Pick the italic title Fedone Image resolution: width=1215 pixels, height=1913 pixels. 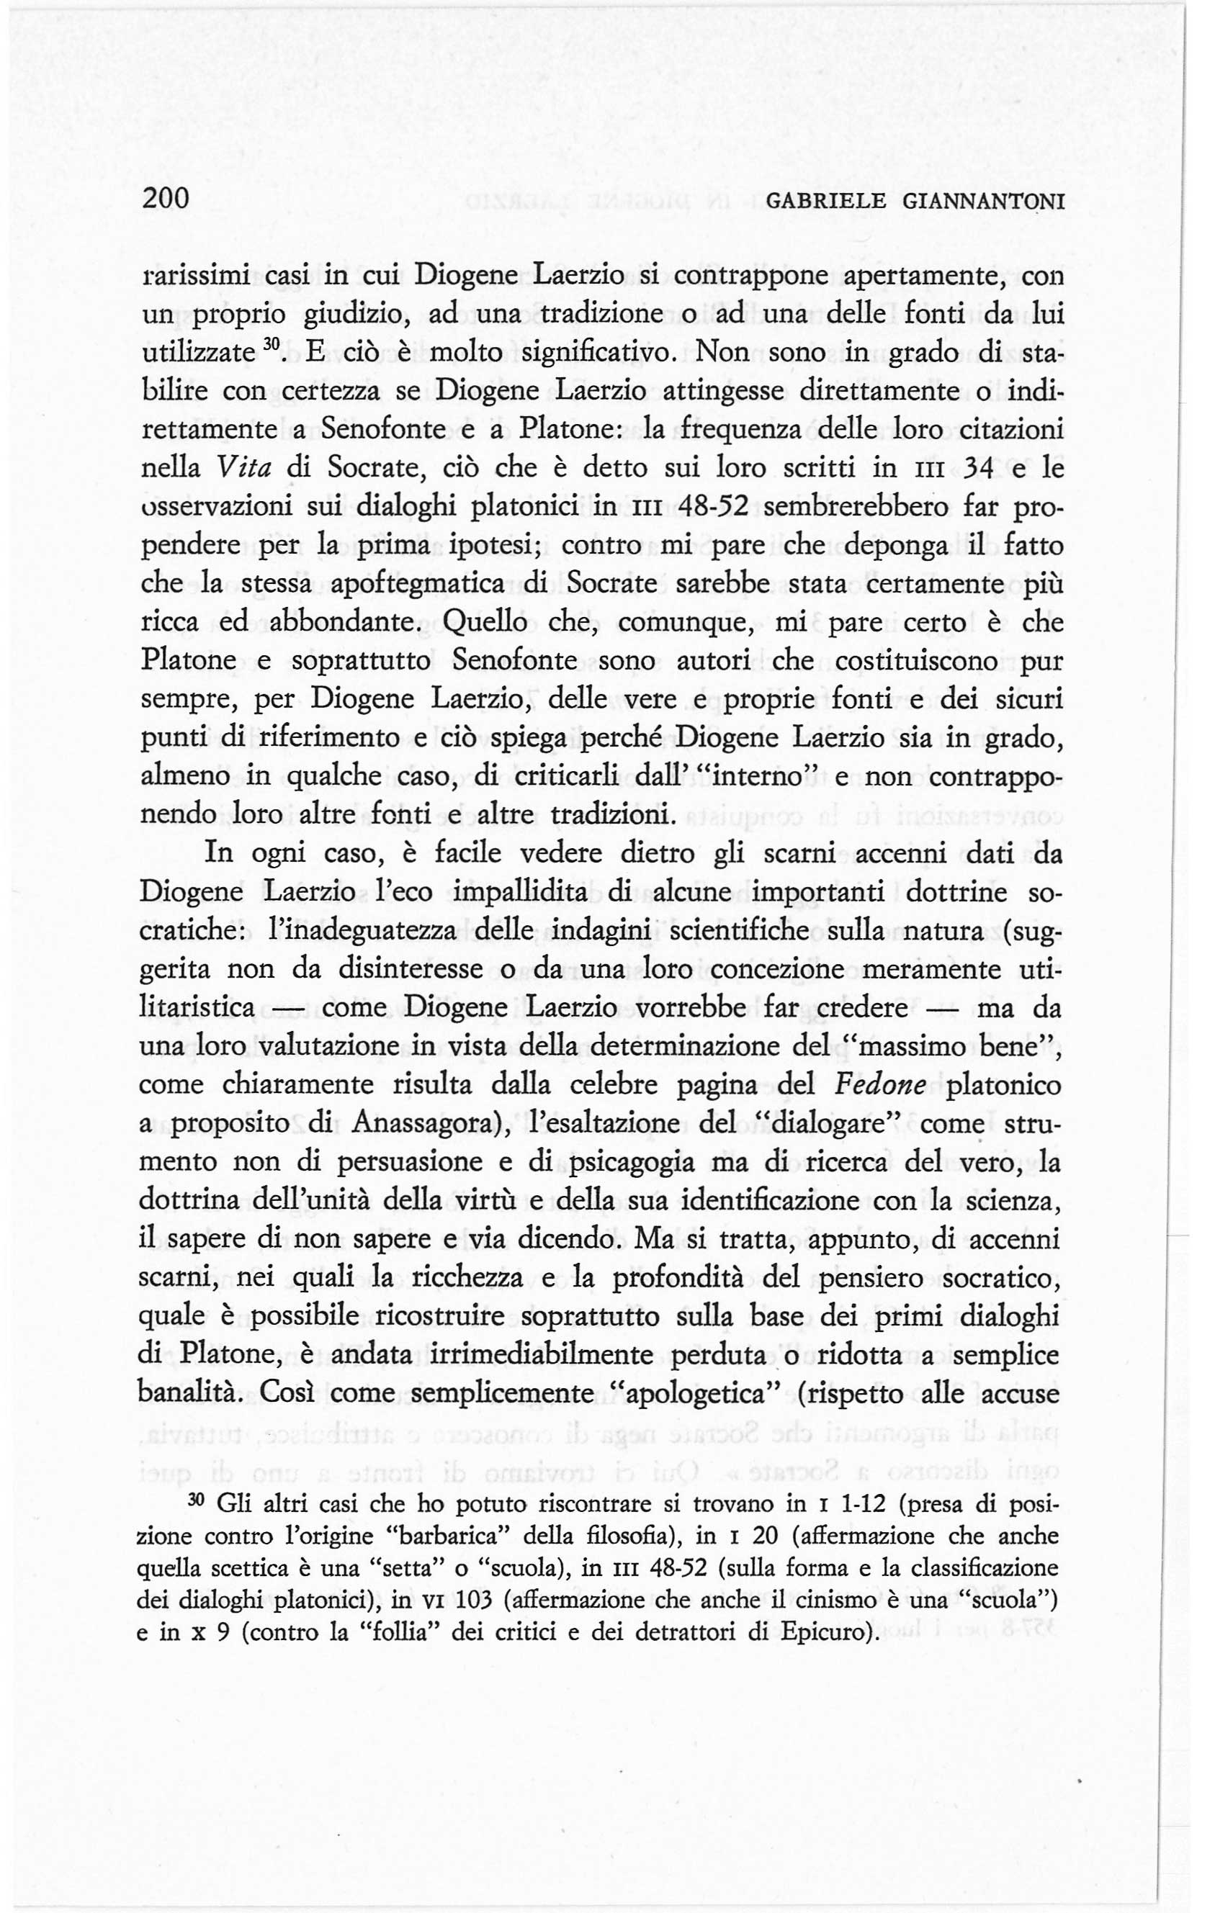pyautogui.click(x=886, y=1085)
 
